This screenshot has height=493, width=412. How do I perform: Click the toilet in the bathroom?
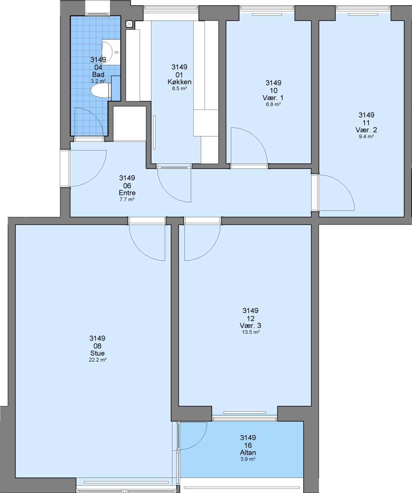coord(100,90)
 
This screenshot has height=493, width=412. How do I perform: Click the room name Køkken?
coord(179,82)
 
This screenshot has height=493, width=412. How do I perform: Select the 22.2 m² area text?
coord(98,360)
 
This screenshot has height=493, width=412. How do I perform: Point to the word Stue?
coord(98,353)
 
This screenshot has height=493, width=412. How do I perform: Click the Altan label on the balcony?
coord(248,453)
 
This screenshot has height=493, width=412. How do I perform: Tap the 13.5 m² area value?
coord(250,332)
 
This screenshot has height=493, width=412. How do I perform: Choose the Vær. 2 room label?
coord(366,130)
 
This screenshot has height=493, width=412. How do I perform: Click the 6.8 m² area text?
coord(273,105)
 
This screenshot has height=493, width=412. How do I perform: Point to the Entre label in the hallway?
coord(127,193)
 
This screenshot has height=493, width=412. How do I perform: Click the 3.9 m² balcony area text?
coord(248,459)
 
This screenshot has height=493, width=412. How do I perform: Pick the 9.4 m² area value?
coord(366,136)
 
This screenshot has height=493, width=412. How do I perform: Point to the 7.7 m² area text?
coord(127,199)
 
